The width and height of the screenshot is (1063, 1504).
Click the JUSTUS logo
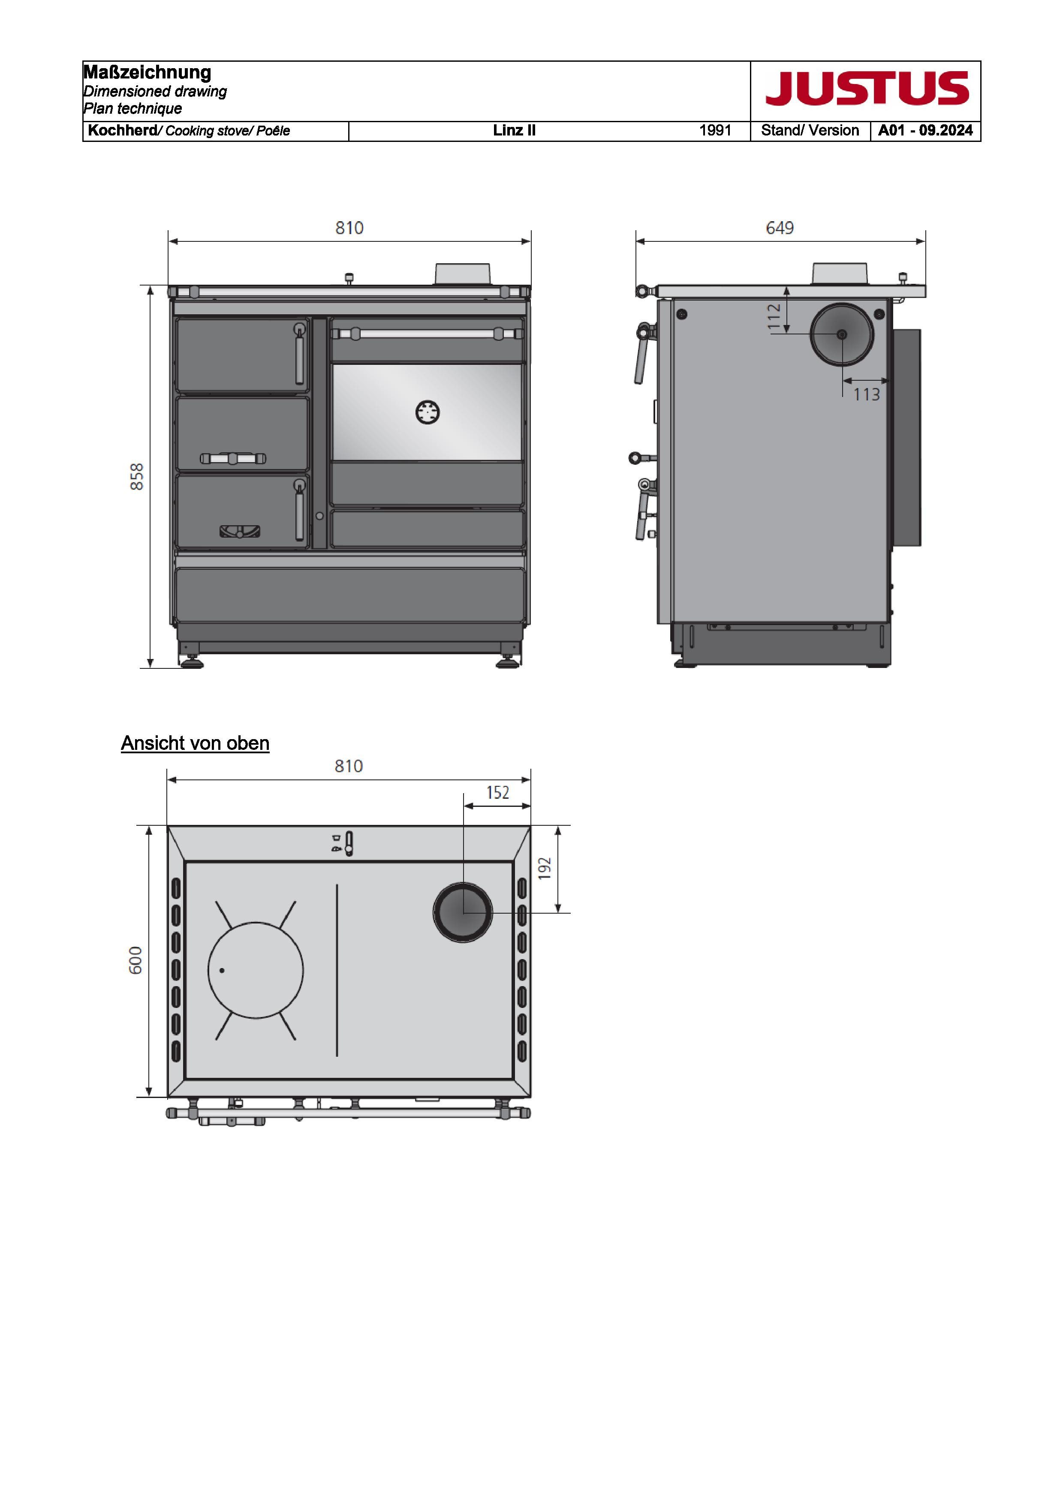click(867, 88)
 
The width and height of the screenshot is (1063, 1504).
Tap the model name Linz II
click(514, 130)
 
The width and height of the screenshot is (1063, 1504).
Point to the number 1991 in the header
click(715, 130)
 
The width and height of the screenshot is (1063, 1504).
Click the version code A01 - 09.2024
click(925, 130)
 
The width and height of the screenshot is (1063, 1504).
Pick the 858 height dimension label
click(137, 476)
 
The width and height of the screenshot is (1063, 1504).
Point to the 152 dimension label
click(498, 793)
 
